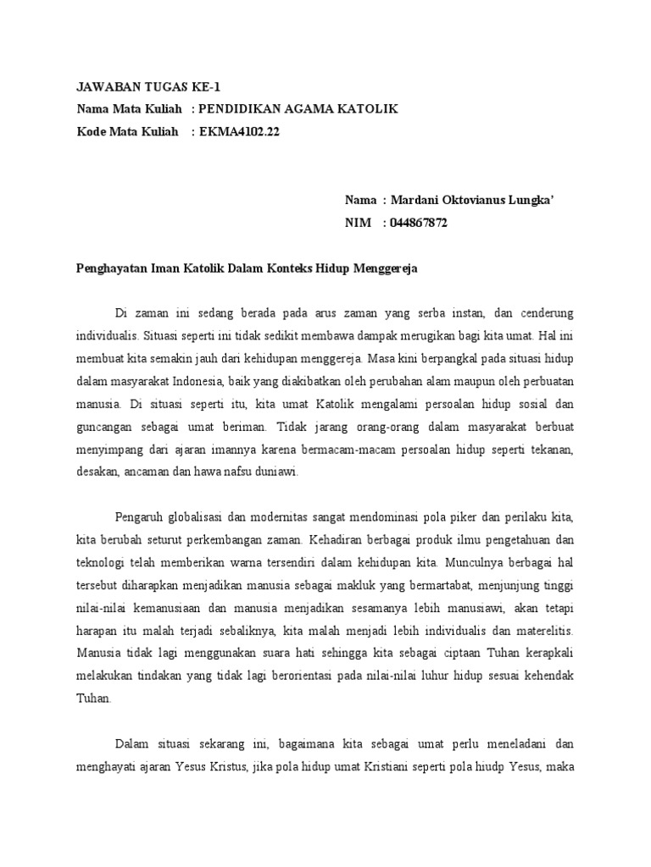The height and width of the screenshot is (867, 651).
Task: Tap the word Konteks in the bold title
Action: (286, 268)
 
